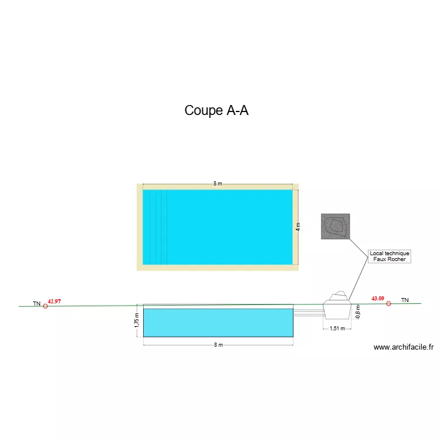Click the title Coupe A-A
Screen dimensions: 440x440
[216, 110]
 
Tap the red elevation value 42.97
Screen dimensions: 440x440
[54, 302]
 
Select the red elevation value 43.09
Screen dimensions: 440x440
[378, 299]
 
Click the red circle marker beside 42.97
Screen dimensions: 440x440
[45, 306]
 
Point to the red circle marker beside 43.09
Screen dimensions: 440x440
[388, 304]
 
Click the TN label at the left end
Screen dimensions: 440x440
[37, 304]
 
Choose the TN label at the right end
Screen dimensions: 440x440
[405, 300]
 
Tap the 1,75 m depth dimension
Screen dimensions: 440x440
[137, 320]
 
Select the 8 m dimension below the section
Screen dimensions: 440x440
[218, 345]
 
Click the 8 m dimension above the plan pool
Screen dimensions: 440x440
[218, 184]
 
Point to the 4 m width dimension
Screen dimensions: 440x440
[298, 227]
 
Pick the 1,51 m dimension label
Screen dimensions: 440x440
[337, 329]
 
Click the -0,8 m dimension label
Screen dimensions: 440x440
[358, 312]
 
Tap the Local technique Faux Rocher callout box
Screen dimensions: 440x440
[390, 256]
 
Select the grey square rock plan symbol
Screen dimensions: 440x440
[336, 226]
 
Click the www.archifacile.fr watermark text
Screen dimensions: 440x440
[404, 347]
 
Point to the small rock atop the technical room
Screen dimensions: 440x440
[339, 296]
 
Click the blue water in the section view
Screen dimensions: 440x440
[218, 323]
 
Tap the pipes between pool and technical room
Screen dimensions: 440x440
[309, 312]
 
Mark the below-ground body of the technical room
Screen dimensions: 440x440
[337, 312]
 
